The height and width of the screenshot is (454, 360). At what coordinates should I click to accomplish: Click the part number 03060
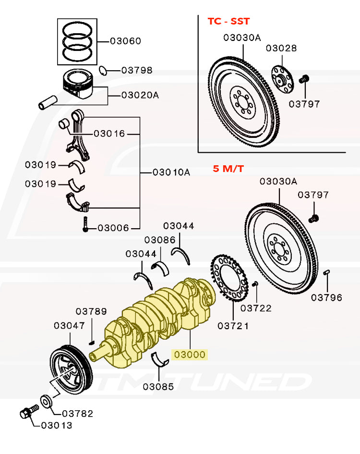(125, 41)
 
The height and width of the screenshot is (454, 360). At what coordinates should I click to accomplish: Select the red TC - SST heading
(228, 21)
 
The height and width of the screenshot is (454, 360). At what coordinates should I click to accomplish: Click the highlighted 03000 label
(190, 355)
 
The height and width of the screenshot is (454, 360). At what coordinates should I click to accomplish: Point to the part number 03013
(57, 425)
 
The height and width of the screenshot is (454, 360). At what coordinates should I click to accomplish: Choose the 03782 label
(77, 413)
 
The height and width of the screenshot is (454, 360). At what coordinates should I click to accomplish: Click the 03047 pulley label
(69, 325)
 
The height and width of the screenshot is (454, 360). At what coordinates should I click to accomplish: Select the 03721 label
(233, 326)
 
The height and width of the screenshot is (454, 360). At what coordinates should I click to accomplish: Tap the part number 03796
(326, 297)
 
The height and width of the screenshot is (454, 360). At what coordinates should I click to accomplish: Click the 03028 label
(281, 48)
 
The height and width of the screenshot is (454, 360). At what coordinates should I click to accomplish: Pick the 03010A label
(171, 172)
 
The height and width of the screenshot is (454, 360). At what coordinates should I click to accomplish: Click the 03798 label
(137, 70)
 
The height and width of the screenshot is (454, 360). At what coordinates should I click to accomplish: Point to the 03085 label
(158, 386)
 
